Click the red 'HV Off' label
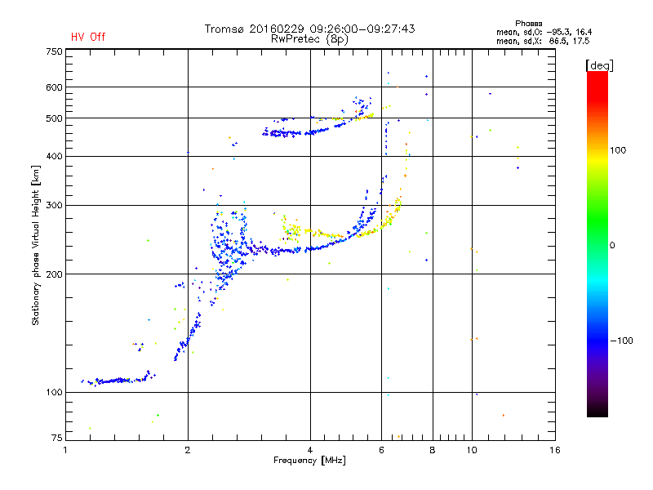coord(87,37)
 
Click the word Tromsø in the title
coord(224,29)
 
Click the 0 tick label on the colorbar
coord(614,245)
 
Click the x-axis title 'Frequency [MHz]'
coord(310,461)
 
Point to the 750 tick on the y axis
coord(54,51)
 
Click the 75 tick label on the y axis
coord(56,439)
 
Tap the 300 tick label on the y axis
coord(54,205)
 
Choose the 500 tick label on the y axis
coord(54,118)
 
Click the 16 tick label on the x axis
coord(554,450)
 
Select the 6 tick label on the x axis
coord(381,450)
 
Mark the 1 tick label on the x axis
coord(65,450)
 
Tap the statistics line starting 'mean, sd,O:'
coord(542,31)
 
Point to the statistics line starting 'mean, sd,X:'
coord(542,40)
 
